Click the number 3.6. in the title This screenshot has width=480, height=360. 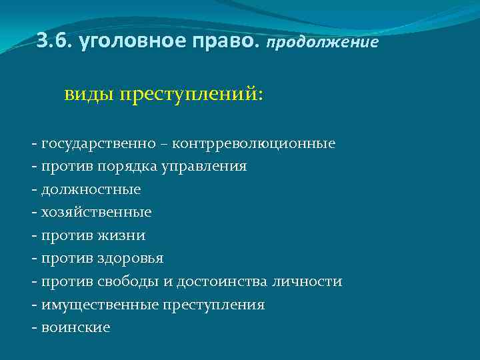pyautogui.click(x=55, y=41)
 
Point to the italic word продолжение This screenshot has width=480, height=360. pyautogui.click(x=323, y=43)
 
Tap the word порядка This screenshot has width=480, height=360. pyautogui.click(x=127, y=166)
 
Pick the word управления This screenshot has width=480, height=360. pyautogui.click(x=203, y=166)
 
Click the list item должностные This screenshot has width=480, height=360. pyautogui.click(x=91, y=189)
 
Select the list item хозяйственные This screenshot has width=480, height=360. pyautogui.click(x=96, y=212)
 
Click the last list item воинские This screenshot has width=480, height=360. pyautogui.click(x=75, y=327)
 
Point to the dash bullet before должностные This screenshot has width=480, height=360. pyautogui.click(x=33, y=190)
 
